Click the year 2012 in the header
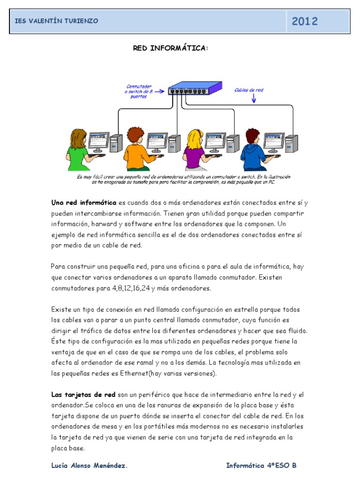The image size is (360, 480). coord(305,21)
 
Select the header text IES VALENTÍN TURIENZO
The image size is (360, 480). coord(57,21)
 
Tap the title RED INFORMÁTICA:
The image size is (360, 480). coord(170,48)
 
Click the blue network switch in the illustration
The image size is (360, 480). coord(194,88)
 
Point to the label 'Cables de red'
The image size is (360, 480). coord(249,90)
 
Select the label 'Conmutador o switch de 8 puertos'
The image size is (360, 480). coord(139,91)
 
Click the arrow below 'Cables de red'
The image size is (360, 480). coord(253,99)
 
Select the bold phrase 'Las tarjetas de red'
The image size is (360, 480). coord(80,395)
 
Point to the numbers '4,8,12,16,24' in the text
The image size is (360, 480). coord(131,288)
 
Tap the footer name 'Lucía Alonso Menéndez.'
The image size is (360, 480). coord(89,465)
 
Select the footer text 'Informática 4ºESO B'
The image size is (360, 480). coord(261,465)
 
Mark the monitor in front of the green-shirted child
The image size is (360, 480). coord(98,141)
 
